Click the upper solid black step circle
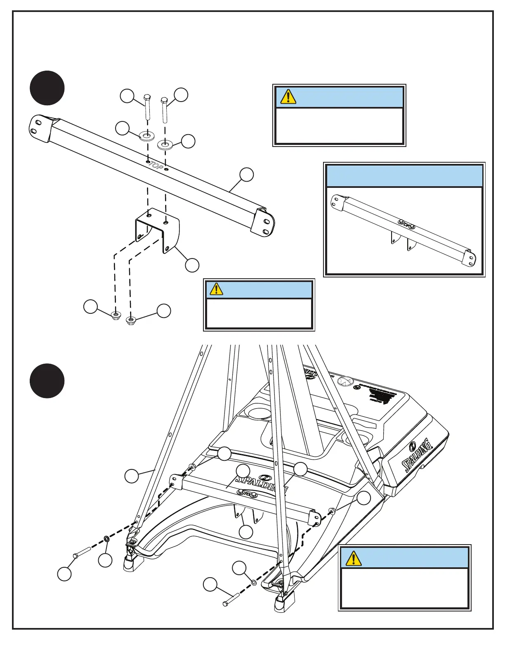[47, 88]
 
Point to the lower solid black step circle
[47, 381]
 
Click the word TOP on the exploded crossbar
[156, 164]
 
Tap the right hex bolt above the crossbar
[164, 109]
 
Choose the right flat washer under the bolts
[165, 145]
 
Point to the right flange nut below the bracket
[131, 320]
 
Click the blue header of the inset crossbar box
[404, 176]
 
